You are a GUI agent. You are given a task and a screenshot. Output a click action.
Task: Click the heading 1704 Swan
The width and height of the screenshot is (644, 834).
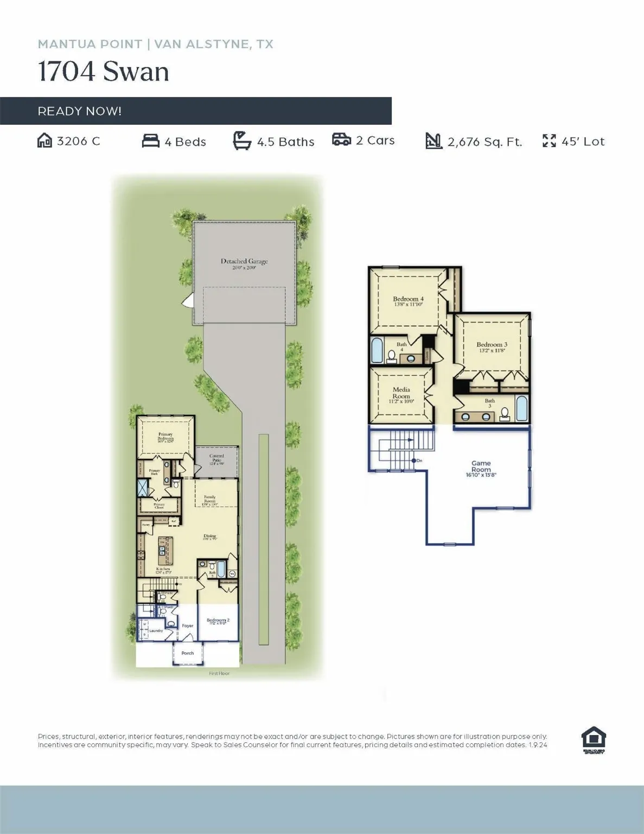(103, 72)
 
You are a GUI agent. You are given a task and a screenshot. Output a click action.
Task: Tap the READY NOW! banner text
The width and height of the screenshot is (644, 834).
(79, 111)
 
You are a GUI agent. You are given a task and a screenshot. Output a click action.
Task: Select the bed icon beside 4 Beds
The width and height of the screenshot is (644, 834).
(150, 141)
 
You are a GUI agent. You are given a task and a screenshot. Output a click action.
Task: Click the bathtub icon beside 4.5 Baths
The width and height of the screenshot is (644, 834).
(241, 141)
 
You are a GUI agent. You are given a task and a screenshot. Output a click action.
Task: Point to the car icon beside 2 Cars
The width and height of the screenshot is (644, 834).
(341, 140)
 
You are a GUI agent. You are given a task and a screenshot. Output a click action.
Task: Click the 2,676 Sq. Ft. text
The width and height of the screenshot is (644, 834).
(484, 142)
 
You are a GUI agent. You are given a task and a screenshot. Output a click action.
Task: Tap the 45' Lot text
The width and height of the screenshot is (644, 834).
(583, 142)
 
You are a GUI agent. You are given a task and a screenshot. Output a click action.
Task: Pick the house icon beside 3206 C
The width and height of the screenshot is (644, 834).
(44, 141)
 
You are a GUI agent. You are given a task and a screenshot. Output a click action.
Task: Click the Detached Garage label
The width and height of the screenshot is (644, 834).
(244, 262)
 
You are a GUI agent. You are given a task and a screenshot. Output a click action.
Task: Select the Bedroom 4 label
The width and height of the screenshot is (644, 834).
(408, 299)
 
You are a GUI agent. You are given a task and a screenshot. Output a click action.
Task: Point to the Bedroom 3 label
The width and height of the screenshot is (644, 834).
(492, 345)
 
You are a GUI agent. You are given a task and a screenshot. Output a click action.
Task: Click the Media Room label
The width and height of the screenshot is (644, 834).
(401, 393)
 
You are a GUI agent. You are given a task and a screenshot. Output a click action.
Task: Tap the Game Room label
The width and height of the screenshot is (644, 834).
(481, 466)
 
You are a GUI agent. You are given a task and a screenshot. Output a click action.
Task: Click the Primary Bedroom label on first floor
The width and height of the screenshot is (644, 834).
(165, 437)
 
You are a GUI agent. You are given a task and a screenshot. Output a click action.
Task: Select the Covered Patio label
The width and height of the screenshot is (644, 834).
(216, 459)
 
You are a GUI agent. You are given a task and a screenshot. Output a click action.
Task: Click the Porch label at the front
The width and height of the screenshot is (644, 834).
(187, 653)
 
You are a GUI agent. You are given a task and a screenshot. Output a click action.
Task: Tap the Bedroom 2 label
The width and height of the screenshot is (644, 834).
(218, 620)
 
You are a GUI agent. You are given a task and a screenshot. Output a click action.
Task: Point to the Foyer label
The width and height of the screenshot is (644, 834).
(187, 625)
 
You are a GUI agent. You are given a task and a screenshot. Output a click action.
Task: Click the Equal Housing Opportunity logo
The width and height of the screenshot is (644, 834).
(594, 740)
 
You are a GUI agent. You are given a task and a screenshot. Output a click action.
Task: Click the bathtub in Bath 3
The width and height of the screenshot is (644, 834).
(521, 409)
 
